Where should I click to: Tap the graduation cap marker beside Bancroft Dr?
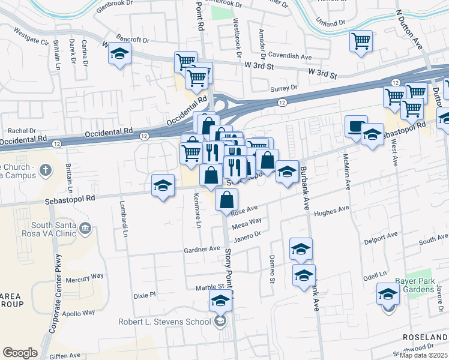(119, 54)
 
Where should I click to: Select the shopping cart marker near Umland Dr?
(361, 41)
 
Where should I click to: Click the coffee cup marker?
(356, 127)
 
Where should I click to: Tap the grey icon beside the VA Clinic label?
(85, 228)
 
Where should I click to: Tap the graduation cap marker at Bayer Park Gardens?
(388, 294)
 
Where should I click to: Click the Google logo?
(20, 353)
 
